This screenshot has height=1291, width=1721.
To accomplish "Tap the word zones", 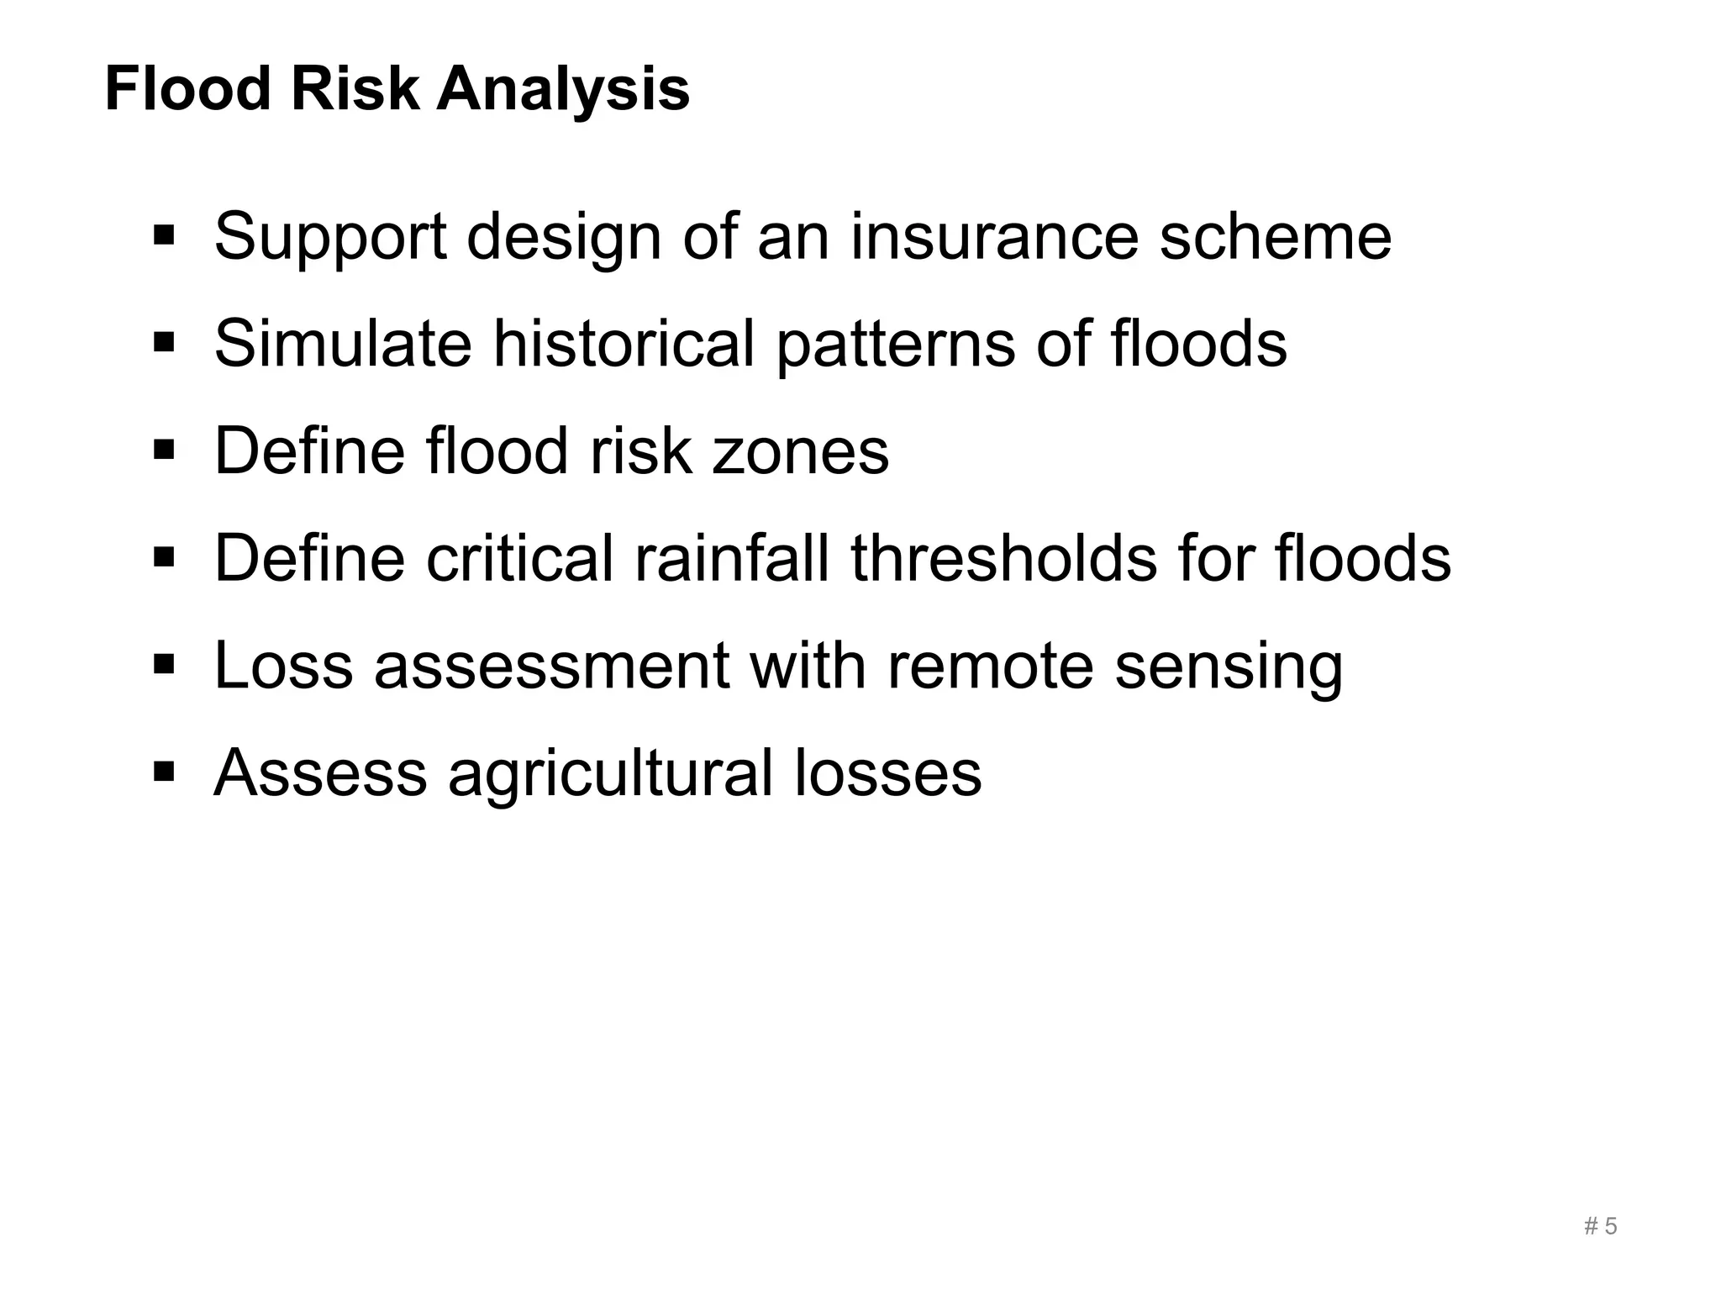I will coord(800,451).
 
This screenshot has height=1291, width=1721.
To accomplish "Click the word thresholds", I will coord(1004,558).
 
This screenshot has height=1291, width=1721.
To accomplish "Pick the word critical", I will coord(519,558).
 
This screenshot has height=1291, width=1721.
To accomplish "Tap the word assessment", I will coord(551,666).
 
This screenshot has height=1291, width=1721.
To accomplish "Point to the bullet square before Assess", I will coord(164,770).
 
